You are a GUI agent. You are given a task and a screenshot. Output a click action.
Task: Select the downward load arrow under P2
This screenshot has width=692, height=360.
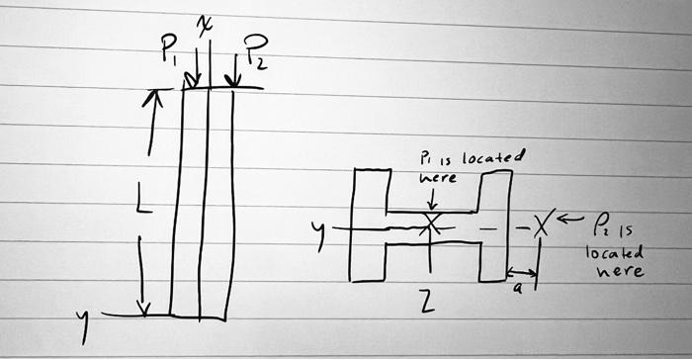coord(234,71)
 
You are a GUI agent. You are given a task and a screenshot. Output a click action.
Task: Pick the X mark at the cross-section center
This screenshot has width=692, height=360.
coord(430,224)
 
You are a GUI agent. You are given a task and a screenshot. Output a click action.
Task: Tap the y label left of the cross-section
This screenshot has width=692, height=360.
coord(317,233)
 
